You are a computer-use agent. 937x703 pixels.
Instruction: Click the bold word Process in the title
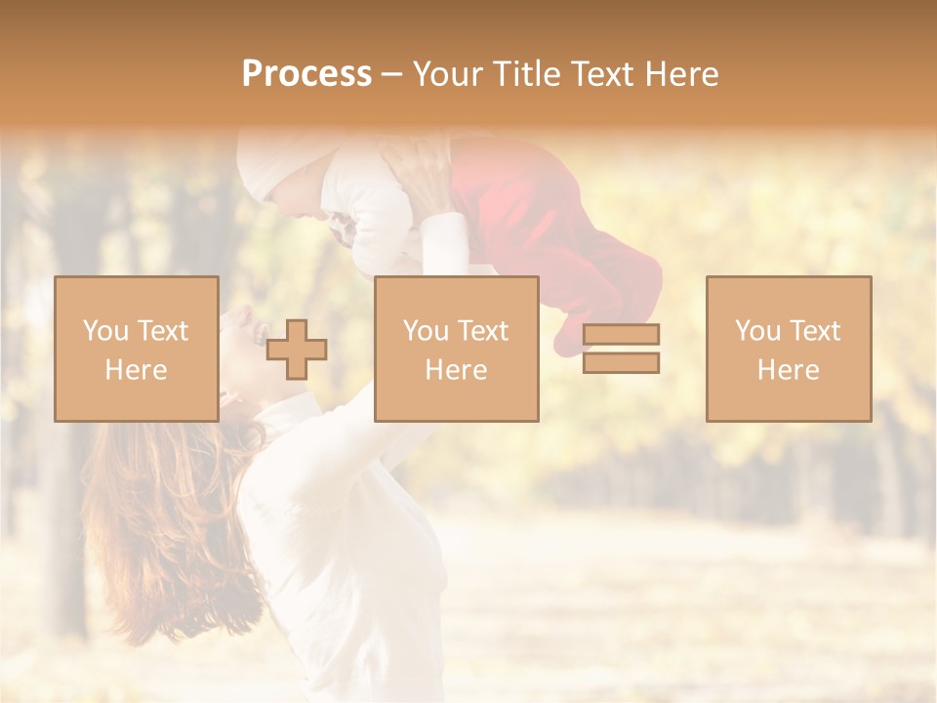(306, 74)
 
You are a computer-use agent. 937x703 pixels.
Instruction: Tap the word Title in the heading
(525, 74)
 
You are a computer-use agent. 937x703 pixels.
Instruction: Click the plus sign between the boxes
(297, 350)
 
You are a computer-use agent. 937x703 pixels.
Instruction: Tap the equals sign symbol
(621, 349)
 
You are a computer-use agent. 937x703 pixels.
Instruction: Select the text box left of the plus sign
(137, 349)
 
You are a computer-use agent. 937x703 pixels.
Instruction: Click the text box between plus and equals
(456, 349)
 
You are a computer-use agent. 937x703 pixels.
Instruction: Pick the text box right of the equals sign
(789, 349)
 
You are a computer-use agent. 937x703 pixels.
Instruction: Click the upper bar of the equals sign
(621, 335)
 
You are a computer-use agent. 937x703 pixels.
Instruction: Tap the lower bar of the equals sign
(621, 362)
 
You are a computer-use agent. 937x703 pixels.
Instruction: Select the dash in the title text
(391, 75)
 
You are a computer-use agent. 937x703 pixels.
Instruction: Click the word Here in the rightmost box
(789, 370)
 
